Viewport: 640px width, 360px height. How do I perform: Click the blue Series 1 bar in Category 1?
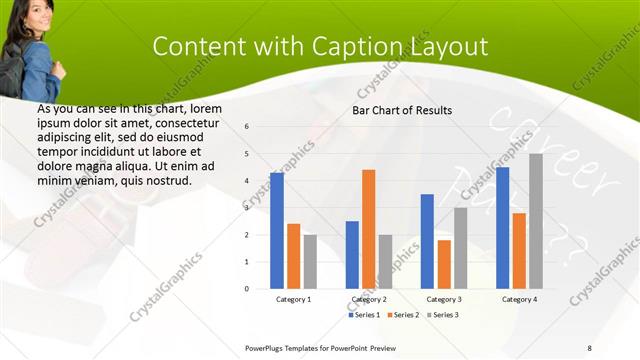click(x=277, y=231)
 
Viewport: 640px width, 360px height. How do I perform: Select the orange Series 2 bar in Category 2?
click(x=369, y=229)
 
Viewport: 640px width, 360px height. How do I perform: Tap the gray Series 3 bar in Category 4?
click(x=536, y=221)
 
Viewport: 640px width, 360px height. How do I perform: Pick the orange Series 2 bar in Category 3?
click(x=444, y=264)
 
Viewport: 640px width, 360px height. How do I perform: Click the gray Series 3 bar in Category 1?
click(x=311, y=262)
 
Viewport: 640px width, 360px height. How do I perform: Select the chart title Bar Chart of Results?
click(x=402, y=110)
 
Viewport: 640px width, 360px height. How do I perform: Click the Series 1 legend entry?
click(x=364, y=315)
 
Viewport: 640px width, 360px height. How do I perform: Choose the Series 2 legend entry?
click(x=403, y=315)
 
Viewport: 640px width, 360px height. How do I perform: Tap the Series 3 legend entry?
click(x=442, y=315)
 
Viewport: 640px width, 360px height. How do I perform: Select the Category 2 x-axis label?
click(x=369, y=299)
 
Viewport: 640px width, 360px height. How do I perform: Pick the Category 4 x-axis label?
click(x=519, y=299)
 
